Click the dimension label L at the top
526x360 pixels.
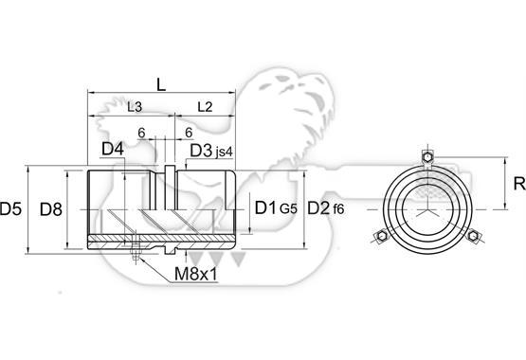tap(161, 85)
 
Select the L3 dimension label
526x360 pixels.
tap(135, 107)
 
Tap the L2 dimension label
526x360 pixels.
tap(205, 107)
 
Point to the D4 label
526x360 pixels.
tap(113, 149)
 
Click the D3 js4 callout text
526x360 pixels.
tap(211, 151)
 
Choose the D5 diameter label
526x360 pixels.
tap(10, 208)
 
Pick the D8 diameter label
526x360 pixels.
tap(51, 209)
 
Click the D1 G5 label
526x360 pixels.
tap(276, 208)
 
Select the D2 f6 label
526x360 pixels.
tap(326, 208)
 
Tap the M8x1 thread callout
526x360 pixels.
tap(196, 275)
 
